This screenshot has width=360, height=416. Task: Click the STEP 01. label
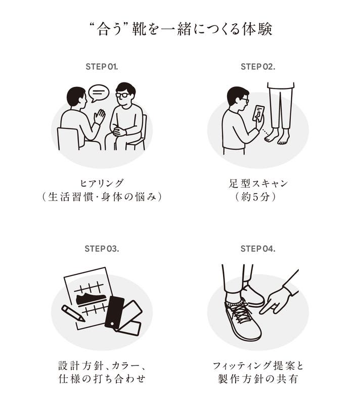[102, 67]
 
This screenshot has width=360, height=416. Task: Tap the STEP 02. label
[258, 67]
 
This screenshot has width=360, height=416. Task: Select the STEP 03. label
[102, 249]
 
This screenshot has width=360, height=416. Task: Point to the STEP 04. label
[258, 249]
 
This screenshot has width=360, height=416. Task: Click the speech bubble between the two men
[99, 93]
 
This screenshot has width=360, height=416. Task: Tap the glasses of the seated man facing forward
[122, 95]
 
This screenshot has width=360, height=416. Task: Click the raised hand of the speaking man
[100, 116]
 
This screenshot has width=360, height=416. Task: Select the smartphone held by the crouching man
[259, 114]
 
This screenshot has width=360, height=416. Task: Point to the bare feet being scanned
[277, 137]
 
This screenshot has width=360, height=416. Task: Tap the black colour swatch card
[115, 313]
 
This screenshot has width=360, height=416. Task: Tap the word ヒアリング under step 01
[102, 183]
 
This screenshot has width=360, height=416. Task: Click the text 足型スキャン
[258, 183]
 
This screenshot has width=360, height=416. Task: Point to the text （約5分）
[256, 197]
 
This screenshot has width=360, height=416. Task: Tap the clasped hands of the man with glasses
[120, 131]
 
